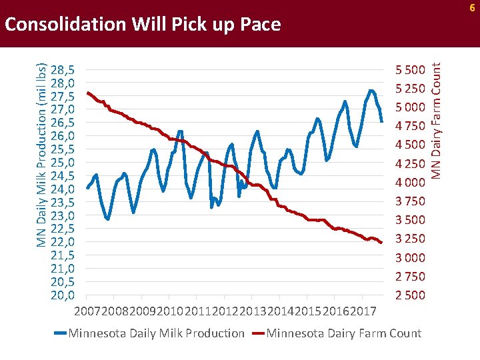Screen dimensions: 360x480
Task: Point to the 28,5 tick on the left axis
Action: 62,69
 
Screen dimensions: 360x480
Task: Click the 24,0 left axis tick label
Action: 62,189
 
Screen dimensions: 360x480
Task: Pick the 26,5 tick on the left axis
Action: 62,123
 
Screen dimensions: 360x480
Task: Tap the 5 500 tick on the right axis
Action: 410,69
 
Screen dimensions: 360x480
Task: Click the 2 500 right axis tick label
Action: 410,295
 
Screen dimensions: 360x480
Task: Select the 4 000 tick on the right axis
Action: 410,182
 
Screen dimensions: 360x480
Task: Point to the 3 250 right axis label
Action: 410,239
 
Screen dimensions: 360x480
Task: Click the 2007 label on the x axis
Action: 87,311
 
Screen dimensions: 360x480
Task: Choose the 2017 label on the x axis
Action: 363,311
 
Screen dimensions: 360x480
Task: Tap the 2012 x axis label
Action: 225,311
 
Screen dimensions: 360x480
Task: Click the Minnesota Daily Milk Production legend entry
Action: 156,333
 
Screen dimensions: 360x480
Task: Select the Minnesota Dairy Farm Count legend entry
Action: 343,333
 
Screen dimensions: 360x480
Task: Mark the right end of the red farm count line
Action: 381,243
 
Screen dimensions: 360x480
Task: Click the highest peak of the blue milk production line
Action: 371,91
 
